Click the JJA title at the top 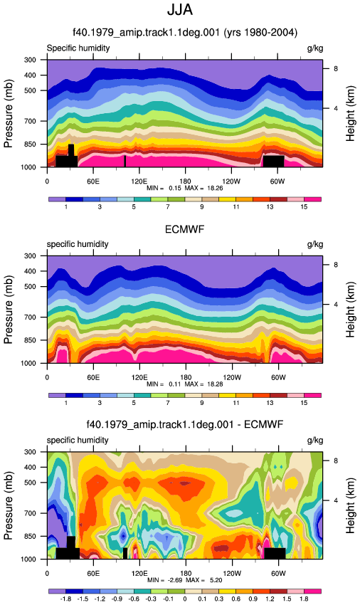tap(180, 10)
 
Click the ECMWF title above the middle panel tap(184, 230)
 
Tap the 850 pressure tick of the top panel tap(31, 144)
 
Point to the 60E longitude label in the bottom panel tap(93, 574)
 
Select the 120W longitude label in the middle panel tap(232, 377)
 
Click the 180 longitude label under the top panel tap(185, 181)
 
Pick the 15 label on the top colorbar tap(304, 207)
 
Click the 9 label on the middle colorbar tap(202, 403)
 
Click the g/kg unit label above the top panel tap(315, 48)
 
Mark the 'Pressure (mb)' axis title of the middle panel tap(9, 310)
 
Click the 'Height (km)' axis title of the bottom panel tap(350, 505)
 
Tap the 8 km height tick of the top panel tap(336, 68)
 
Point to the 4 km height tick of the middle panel tap(336, 305)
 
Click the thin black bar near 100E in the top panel tap(125, 162)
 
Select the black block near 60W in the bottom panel tap(275, 553)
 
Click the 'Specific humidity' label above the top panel tap(78, 48)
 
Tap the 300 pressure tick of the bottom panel tap(31, 452)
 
